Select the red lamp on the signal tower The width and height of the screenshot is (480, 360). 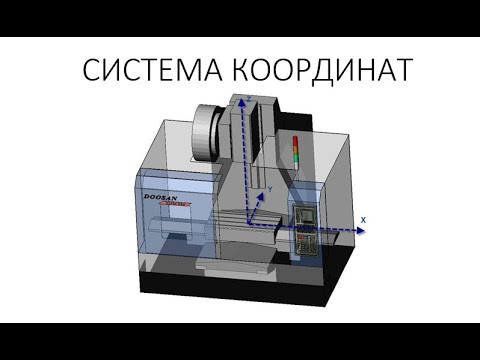294,141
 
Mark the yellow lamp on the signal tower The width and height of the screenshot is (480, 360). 294,150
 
